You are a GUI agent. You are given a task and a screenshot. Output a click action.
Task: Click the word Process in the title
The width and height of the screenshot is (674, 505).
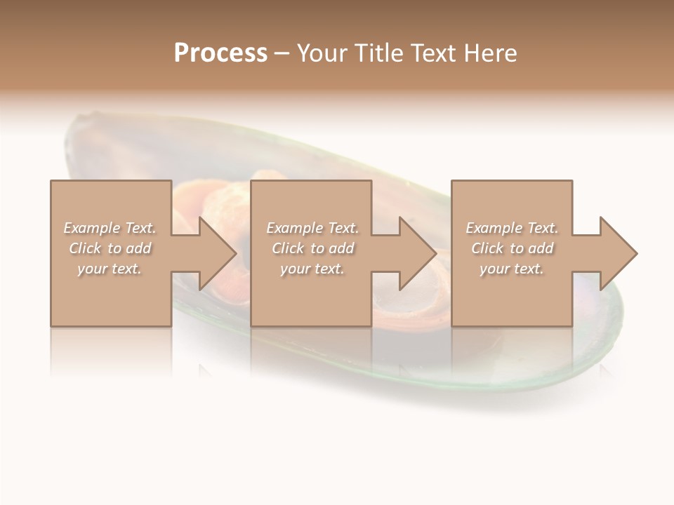(220, 53)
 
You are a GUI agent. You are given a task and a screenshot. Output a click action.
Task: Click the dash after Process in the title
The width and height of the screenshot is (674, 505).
(282, 55)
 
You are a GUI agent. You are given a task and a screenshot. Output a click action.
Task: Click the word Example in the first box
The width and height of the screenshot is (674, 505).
(91, 228)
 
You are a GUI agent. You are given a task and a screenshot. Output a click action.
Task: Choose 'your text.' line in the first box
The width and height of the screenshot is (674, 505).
(110, 269)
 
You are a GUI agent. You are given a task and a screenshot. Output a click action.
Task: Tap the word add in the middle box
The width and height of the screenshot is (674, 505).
(341, 248)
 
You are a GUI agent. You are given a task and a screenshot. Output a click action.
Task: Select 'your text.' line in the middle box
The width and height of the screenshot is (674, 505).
(312, 269)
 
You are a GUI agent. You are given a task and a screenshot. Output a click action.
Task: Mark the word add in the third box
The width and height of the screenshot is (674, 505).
(541, 248)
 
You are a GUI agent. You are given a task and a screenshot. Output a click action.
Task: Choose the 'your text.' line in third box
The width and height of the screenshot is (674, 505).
(511, 269)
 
